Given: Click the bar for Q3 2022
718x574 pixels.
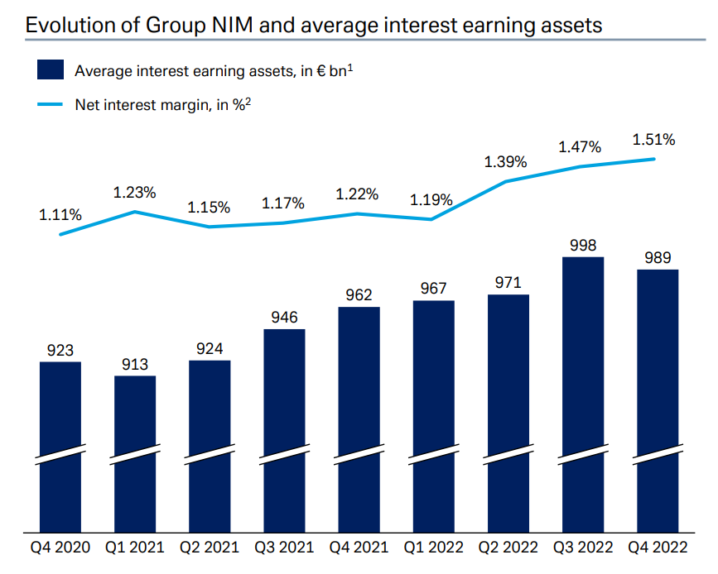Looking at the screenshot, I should pyautogui.click(x=583, y=389).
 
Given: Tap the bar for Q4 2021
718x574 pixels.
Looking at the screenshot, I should pyautogui.click(x=359, y=414).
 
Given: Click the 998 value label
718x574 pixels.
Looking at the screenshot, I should pyautogui.click(x=583, y=245).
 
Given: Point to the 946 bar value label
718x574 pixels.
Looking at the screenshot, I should pyautogui.click(x=284, y=318).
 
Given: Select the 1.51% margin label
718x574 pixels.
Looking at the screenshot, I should pyautogui.click(x=653, y=140).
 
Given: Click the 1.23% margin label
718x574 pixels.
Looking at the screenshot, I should pyautogui.click(x=135, y=193).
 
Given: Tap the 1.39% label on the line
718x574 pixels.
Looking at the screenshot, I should pyautogui.click(x=505, y=162).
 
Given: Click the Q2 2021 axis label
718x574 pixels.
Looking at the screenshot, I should pyautogui.click(x=210, y=548).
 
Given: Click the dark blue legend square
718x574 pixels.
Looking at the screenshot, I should pyautogui.click(x=51, y=69).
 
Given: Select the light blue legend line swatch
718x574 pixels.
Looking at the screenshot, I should pyautogui.click(x=51, y=105).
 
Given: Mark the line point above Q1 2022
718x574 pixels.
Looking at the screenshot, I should pyautogui.click(x=431, y=219).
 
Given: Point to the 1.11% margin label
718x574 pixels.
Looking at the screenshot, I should pyautogui.click(x=60, y=215).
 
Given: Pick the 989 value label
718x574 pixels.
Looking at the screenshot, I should pyautogui.click(x=658, y=258).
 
